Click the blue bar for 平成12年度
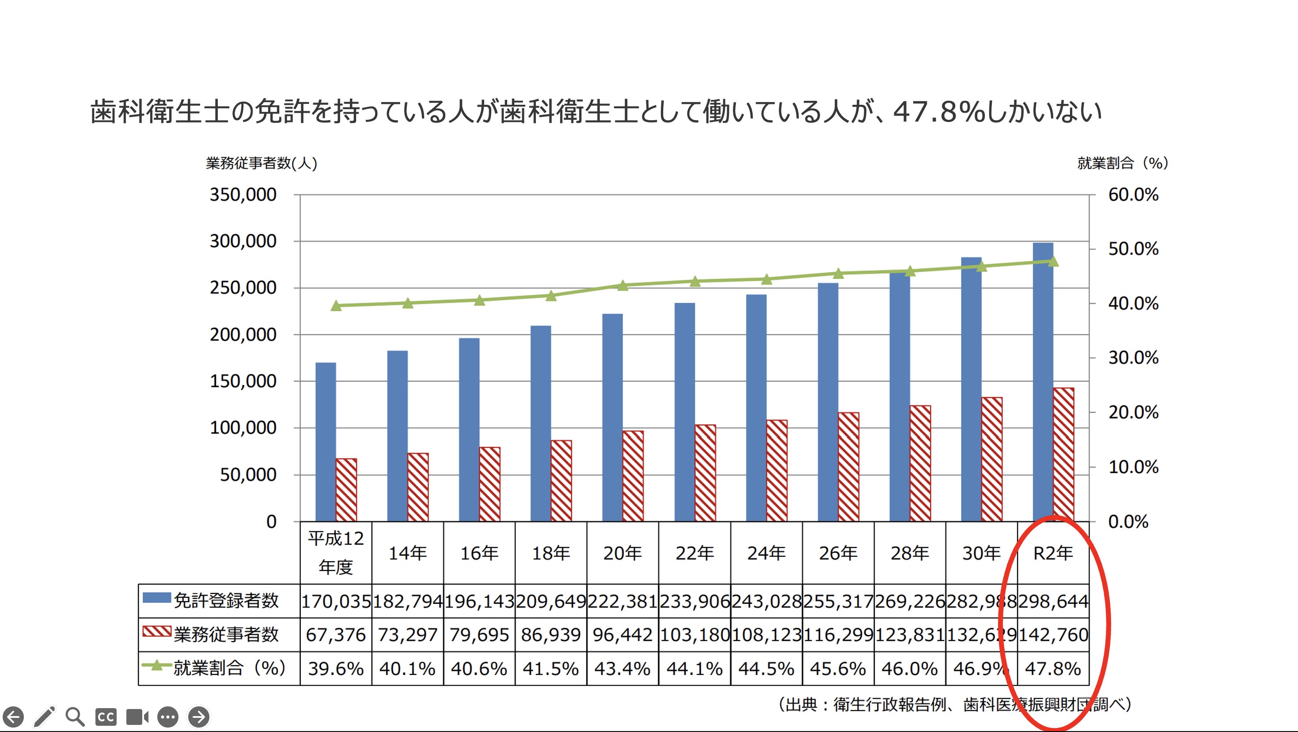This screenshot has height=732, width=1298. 326,442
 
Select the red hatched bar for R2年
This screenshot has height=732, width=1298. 1063,454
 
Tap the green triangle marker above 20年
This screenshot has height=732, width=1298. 623,286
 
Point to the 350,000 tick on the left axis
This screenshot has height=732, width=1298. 243,194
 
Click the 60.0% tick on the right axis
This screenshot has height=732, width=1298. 1133,194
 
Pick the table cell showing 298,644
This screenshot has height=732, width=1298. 1053,601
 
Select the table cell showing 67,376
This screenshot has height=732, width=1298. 336,635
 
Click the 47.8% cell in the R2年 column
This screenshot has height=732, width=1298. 1053,668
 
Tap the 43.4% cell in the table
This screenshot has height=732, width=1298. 622,668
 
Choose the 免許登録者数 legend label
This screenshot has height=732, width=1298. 226,601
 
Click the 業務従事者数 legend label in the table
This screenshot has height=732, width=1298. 226,635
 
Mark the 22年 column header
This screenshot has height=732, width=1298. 695,553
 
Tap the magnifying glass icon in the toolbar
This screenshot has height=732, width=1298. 75,717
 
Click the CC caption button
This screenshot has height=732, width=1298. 106,717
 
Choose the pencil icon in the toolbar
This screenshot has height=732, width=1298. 44,717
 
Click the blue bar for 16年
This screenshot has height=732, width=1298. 469,430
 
